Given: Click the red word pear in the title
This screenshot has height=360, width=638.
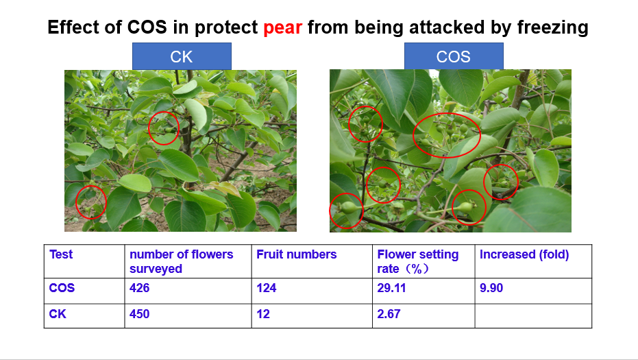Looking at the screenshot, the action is pyautogui.click(x=282, y=27).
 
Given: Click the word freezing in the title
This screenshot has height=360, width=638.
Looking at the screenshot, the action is pyautogui.click(x=553, y=27).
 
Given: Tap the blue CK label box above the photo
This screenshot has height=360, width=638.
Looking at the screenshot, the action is pyautogui.click(x=182, y=56).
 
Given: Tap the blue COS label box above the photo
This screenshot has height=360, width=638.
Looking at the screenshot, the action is pyautogui.click(x=454, y=56).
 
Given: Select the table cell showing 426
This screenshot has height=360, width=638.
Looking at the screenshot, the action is pyautogui.click(x=140, y=288).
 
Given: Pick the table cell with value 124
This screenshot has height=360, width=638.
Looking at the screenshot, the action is pyautogui.click(x=267, y=288).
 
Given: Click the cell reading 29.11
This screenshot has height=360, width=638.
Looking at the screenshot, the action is pyautogui.click(x=391, y=288).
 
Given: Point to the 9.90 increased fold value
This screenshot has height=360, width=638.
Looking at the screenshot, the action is pyautogui.click(x=491, y=288).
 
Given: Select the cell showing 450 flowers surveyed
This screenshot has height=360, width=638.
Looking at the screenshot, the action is pyautogui.click(x=140, y=314).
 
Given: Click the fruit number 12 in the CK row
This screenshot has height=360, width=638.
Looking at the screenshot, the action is pyautogui.click(x=263, y=314).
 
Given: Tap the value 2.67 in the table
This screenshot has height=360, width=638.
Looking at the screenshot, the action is pyautogui.click(x=389, y=314).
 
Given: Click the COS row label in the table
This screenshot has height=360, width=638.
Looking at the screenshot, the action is pyautogui.click(x=62, y=288).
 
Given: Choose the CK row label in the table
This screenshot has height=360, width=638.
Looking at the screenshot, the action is pyautogui.click(x=58, y=314).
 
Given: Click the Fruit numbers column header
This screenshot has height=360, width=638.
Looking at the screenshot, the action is pyautogui.click(x=297, y=254).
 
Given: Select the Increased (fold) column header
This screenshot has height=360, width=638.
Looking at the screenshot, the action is pyautogui.click(x=524, y=254).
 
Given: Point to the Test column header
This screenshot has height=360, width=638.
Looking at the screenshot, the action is pyautogui.click(x=61, y=254).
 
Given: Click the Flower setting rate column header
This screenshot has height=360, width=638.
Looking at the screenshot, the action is pyautogui.click(x=418, y=261).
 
